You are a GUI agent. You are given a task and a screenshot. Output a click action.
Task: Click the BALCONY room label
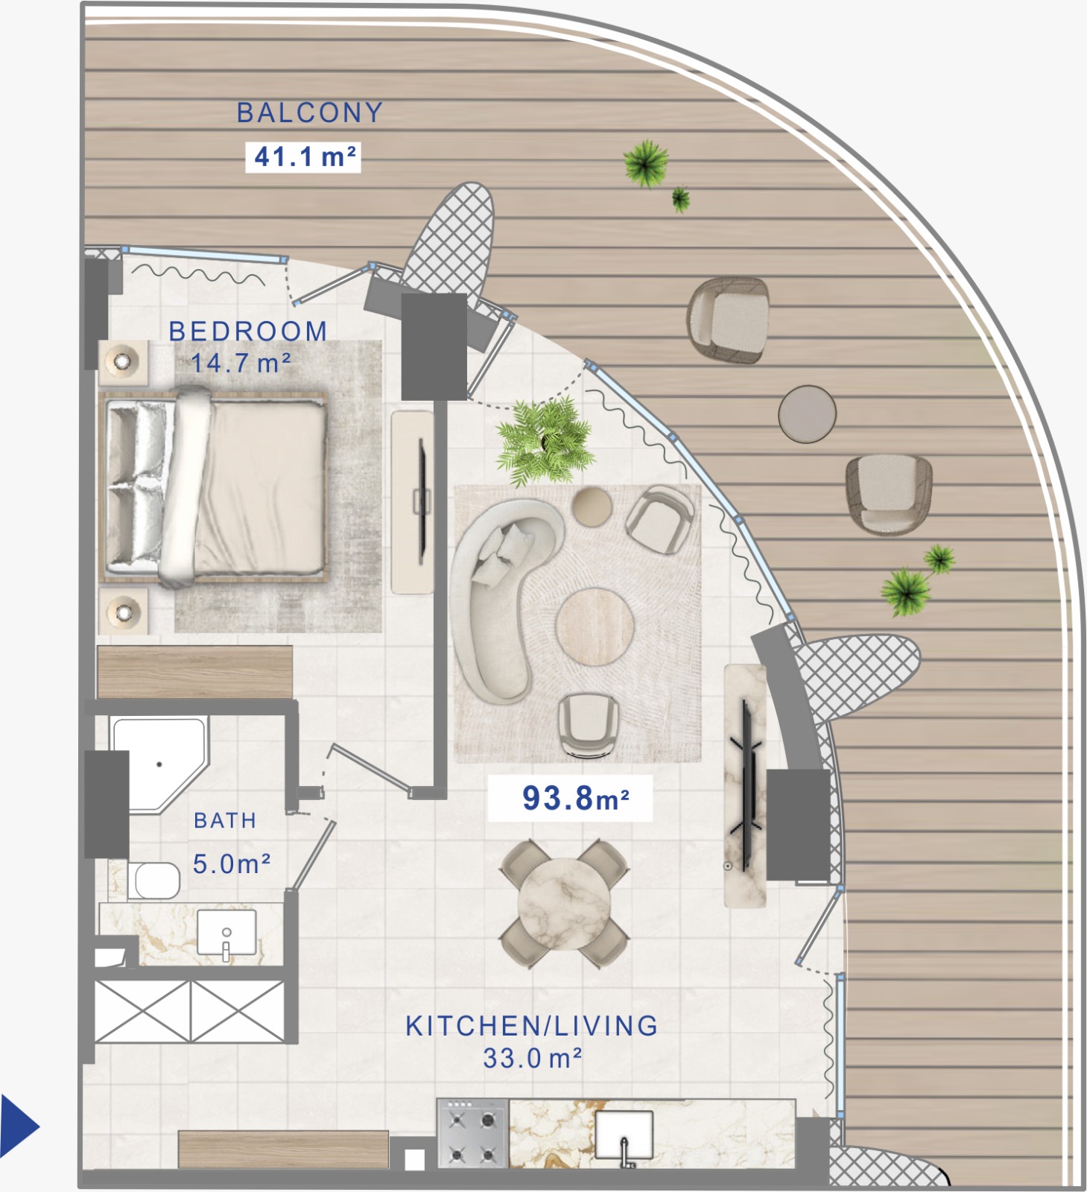tap(310, 113)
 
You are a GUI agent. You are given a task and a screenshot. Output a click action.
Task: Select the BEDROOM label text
tap(248, 332)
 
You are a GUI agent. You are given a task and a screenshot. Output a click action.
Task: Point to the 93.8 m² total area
tap(575, 799)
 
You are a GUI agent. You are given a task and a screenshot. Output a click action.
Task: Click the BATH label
tap(225, 821)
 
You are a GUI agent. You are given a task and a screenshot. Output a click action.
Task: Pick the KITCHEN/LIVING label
tap(532, 1026)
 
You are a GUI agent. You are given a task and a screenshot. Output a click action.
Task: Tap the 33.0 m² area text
tap(532, 1059)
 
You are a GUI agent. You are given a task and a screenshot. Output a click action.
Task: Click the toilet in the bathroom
tap(154, 881)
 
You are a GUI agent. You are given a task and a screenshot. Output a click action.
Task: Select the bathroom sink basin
tap(226, 932)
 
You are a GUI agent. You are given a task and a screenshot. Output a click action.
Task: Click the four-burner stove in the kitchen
tap(472, 1133)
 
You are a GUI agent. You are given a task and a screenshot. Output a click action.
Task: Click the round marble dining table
tap(564, 904)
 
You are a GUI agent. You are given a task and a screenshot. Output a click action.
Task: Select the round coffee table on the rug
tap(595, 626)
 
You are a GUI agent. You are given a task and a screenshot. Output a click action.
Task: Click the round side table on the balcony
tap(808, 413)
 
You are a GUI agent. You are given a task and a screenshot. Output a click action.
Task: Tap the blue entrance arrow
tap(19, 1125)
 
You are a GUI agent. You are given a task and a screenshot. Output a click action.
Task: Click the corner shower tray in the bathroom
tap(159, 764)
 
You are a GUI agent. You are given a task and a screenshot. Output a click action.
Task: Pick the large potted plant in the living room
tap(545, 441)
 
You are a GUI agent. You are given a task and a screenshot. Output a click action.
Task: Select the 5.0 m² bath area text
tap(231, 864)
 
